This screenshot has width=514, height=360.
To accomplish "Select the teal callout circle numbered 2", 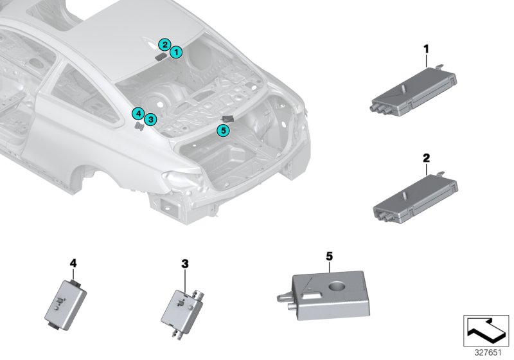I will coord(165,44).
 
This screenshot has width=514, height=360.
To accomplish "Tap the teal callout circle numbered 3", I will coord(150,119).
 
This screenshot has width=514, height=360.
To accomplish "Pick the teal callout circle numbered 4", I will coord(137,113).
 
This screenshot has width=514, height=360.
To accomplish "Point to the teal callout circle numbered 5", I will coord(223,130).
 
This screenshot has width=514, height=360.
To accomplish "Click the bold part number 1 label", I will coord(425,48).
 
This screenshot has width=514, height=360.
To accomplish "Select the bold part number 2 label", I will coord(425,157).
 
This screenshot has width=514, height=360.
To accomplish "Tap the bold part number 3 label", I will coord(184,264).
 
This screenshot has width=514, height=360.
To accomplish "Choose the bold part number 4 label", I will coord(73,263).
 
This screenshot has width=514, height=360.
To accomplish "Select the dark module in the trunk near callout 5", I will coord(226,118).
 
